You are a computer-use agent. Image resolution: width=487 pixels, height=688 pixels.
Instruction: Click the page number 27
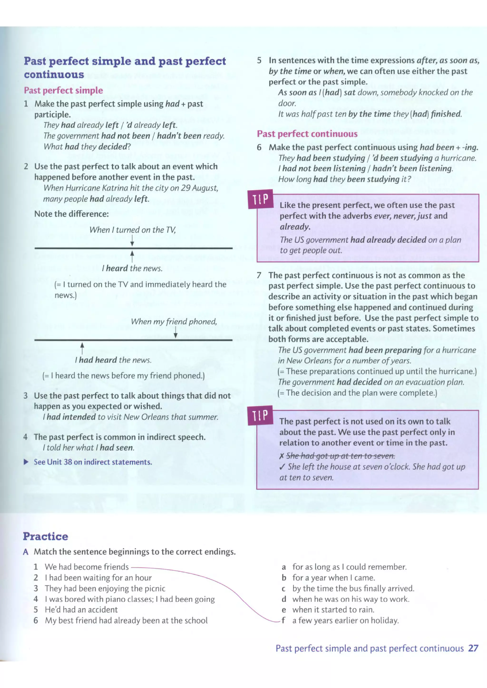pyautogui.click(x=473, y=648)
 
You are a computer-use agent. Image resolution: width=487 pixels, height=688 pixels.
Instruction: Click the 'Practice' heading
pyautogui.click(x=46, y=536)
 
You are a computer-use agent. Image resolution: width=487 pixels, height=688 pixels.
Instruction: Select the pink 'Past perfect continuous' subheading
pyautogui.click(x=307, y=134)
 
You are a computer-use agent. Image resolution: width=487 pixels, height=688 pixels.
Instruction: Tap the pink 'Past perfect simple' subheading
pyautogui.click(x=63, y=90)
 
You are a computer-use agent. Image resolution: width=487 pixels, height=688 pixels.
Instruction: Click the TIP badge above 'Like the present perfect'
pyautogui.click(x=260, y=199)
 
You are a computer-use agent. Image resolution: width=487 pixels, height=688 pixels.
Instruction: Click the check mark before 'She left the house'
pyautogui.click(x=282, y=467)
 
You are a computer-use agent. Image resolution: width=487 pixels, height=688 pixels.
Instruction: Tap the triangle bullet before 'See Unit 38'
pyautogui.click(x=26, y=462)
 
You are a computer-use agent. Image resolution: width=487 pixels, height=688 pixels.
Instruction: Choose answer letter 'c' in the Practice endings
pyautogui.click(x=283, y=589)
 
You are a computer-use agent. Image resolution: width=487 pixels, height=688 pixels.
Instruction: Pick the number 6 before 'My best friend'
pyautogui.click(x=36, y=620)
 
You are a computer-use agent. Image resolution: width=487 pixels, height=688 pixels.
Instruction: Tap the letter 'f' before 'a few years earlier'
pyautogui.click(x=283, y=620)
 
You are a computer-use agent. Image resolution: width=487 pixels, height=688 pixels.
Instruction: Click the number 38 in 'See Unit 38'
pyautogui.click(x=68, y=462)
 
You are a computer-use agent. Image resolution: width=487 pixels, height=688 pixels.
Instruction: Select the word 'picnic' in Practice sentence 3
pyautogui.click(x=155, y=589)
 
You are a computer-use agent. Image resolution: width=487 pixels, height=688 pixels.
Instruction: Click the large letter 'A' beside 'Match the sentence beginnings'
pyautogui.click(x=26, y=552)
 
